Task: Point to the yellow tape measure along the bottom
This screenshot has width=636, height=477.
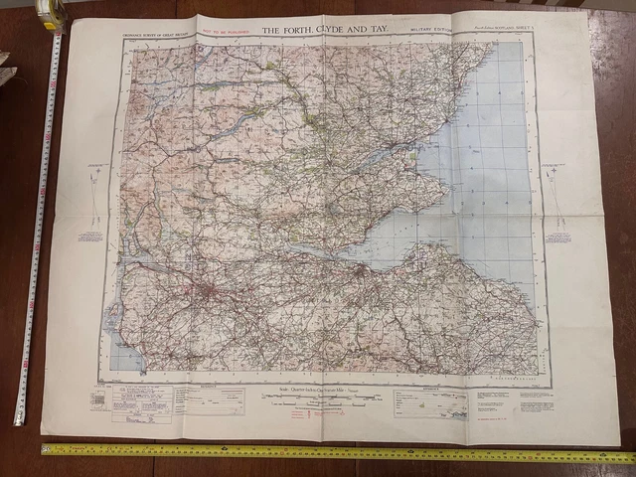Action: click(x=328, y=453)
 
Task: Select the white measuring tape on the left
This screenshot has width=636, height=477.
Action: click(x=36, y=229)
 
